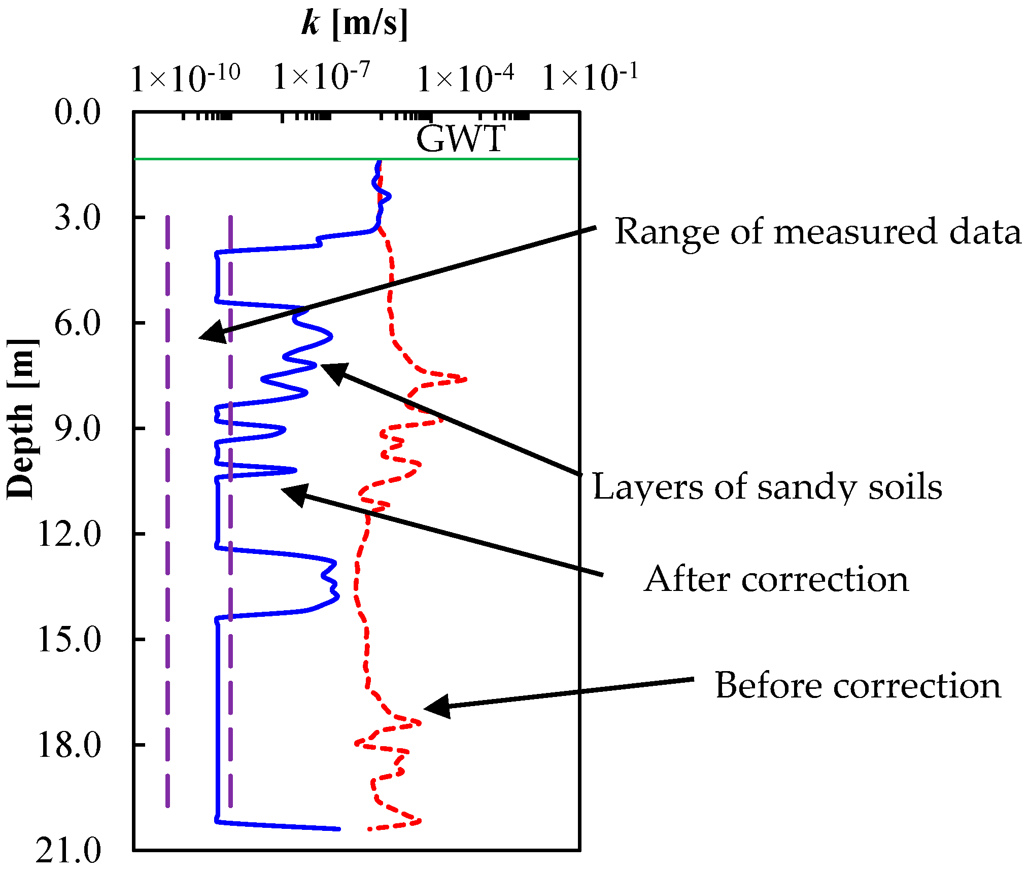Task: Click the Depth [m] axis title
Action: click(21, 418)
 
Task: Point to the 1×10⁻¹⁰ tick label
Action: click(185, 78)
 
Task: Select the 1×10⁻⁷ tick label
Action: click(322, 77)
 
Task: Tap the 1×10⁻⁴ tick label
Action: click(465, 78)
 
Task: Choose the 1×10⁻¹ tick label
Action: click(590, 77)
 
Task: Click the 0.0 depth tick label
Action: click(78, 112)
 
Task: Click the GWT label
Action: click(461, 138)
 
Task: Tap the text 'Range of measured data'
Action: click(817, 232)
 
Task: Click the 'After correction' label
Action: click(776, 579)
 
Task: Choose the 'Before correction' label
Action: click(858, 686)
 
